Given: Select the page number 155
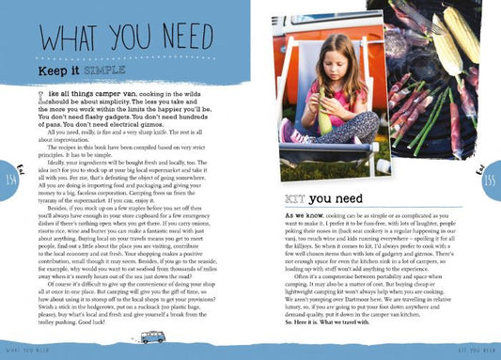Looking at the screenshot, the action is [x=492, y=180].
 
